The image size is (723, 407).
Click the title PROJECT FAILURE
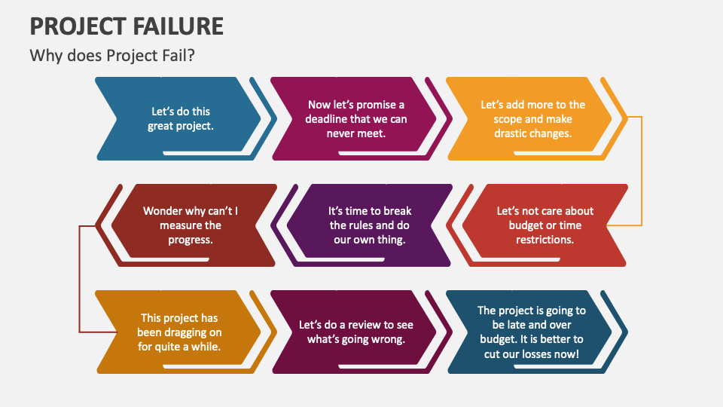[127, 26]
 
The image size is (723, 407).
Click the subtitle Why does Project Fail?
[112, 55]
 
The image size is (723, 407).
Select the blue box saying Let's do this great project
[180, 118]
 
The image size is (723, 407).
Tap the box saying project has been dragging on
[180, 332]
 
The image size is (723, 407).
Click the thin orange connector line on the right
[642, 171]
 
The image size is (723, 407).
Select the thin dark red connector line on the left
[79, 279]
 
